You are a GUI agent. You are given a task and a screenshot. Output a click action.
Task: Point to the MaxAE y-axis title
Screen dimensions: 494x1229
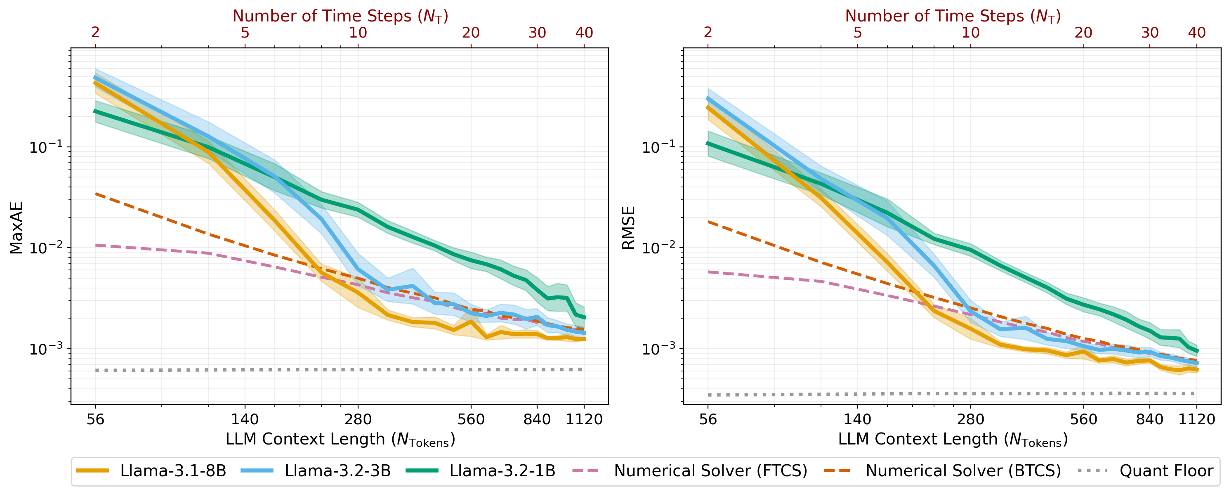click(16, 228)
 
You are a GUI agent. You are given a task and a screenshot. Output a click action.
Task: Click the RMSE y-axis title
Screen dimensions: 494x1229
click(628, 228)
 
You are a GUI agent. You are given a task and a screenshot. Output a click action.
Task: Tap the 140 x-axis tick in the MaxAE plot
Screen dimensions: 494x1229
click(245, 420)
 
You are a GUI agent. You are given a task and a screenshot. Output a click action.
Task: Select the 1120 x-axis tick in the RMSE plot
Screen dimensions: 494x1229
click(1196, 420)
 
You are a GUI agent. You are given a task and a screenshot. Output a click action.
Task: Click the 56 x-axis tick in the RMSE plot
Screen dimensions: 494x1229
click(708, 420)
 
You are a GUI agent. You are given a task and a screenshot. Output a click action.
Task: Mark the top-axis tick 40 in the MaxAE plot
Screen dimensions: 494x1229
click(584, 33)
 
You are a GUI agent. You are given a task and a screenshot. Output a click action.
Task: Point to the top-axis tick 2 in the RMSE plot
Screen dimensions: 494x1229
click(708, 33)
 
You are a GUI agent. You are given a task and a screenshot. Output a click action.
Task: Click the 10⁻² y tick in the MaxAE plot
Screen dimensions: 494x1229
click(46, 248)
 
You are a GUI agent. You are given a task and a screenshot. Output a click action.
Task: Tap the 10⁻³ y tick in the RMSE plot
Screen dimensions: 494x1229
click(658, 349)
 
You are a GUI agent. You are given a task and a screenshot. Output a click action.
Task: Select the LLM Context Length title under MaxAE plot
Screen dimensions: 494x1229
click(340, 440)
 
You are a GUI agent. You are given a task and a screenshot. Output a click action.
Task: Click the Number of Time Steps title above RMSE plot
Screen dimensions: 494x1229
click(953, 16)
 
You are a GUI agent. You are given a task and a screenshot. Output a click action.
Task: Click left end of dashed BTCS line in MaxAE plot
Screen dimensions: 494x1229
click(96, 194)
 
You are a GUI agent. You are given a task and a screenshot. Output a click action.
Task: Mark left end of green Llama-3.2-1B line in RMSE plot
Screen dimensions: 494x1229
click(708, 143)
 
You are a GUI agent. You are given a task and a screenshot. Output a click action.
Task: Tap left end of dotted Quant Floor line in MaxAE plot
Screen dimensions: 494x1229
click(97, 370)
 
